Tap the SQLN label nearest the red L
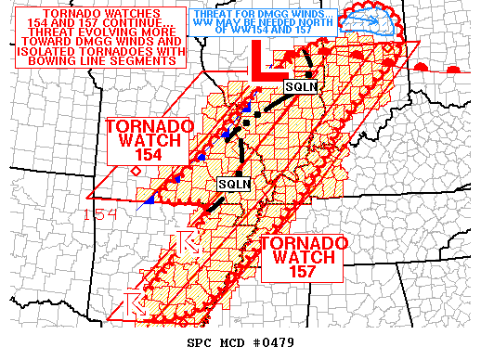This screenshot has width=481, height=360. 299,86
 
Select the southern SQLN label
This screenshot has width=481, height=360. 234,184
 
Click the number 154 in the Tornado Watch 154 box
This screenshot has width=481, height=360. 149,156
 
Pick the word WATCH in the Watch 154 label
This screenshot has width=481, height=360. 149,141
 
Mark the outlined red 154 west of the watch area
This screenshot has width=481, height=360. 100,215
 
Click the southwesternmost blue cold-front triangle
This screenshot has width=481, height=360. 149,199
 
